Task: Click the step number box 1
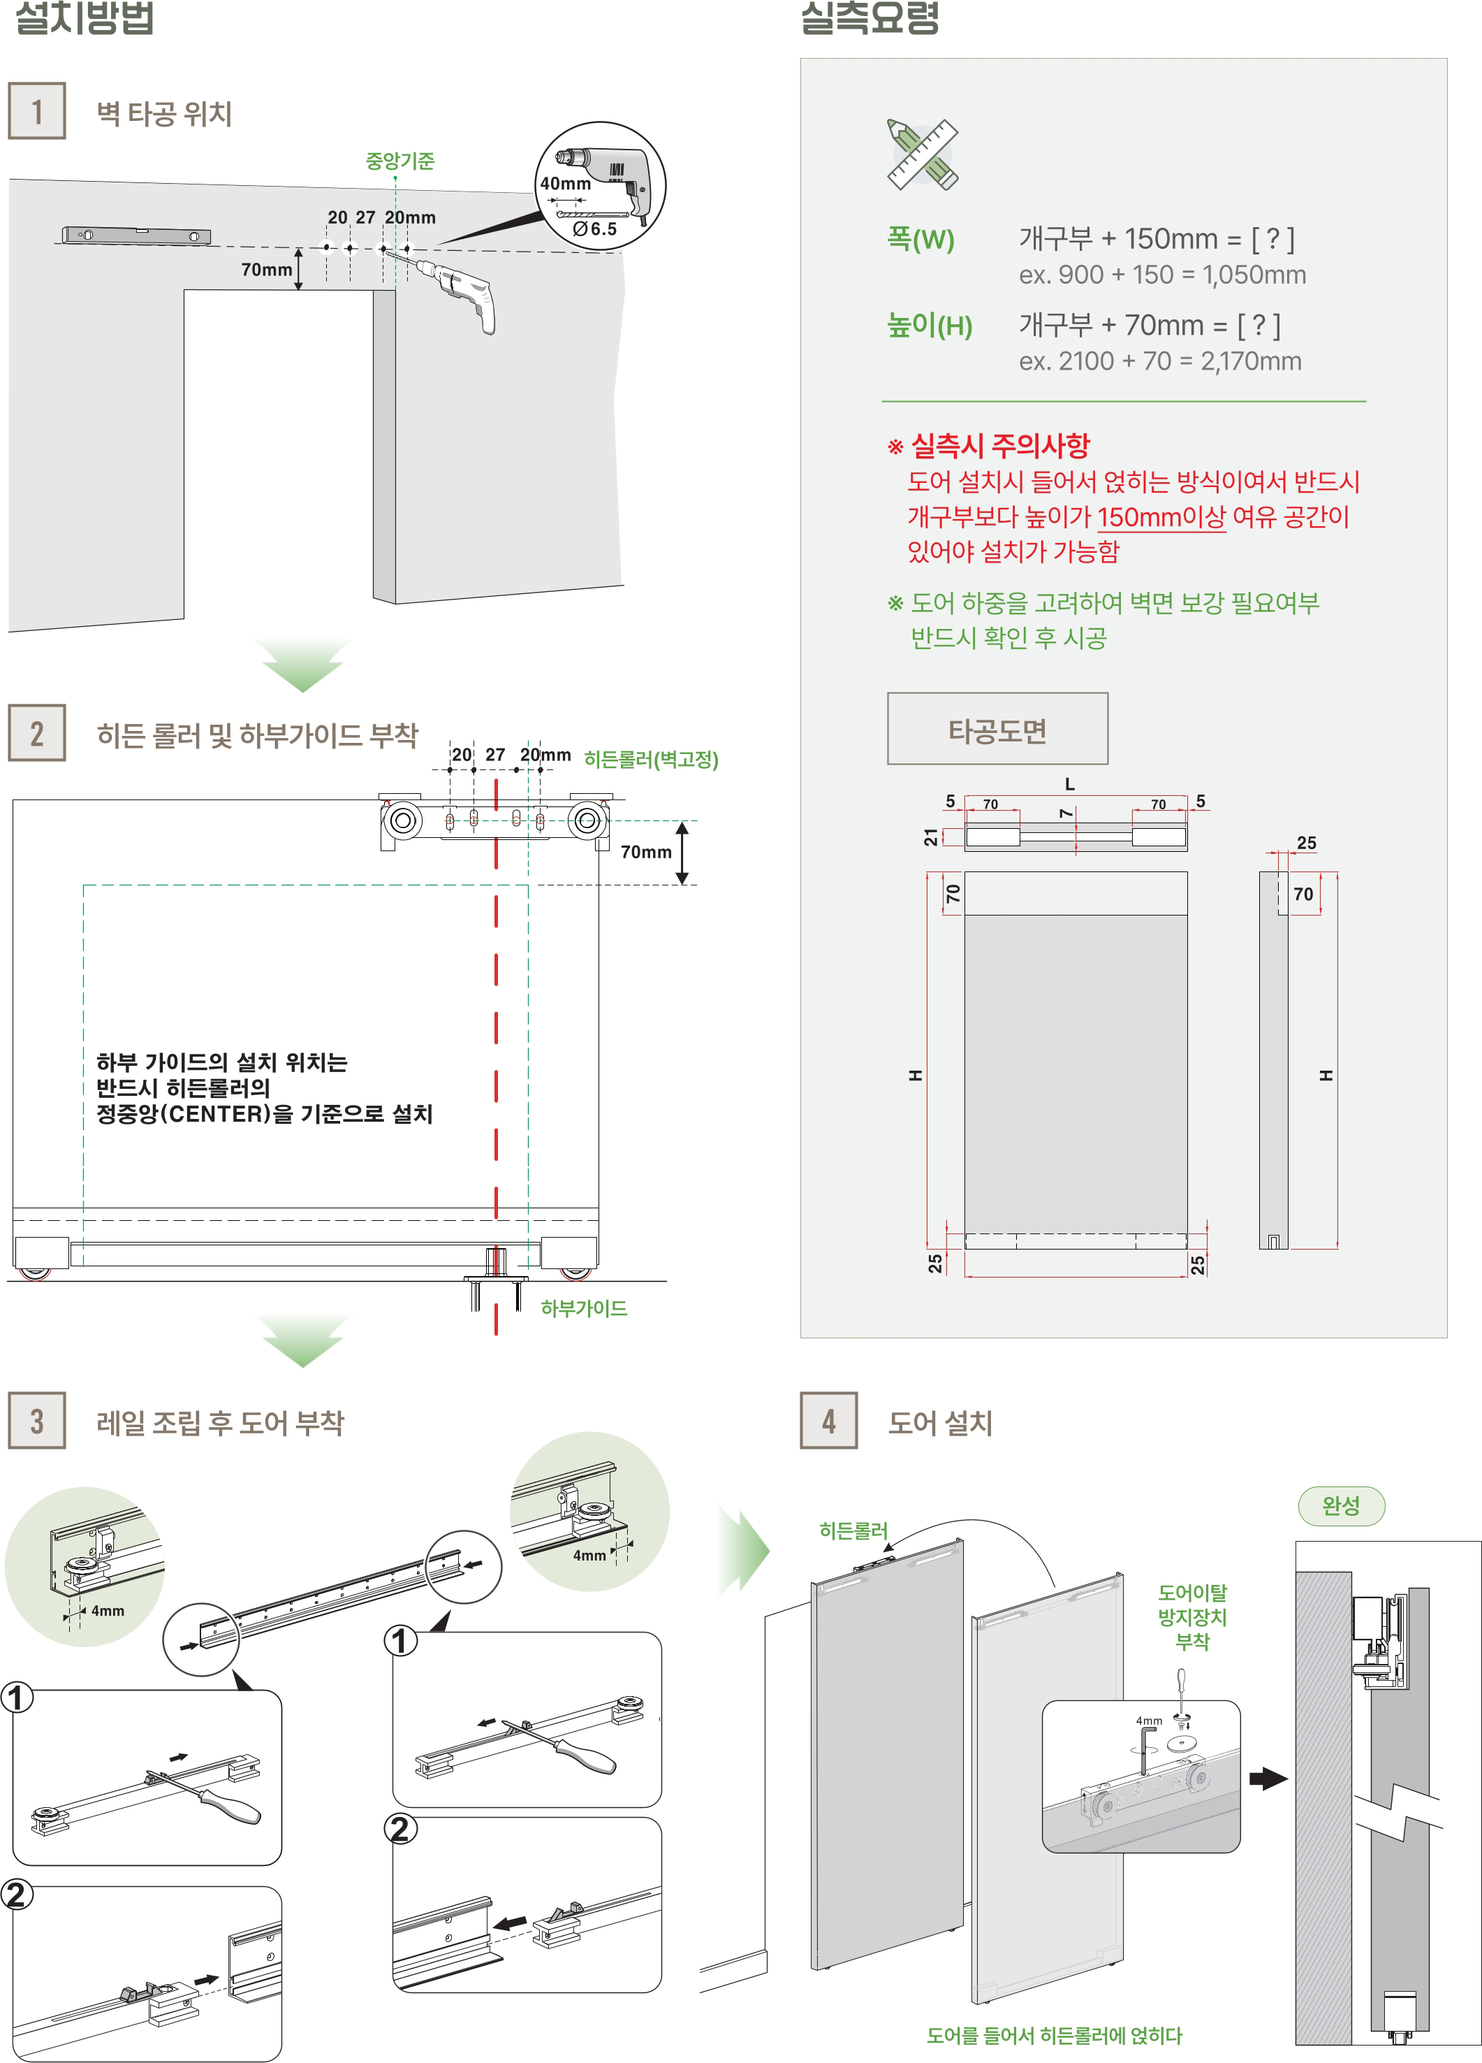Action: coord(36,111)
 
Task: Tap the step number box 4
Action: coord(828,1420)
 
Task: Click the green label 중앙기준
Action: coord(399,161)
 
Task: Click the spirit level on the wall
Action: coord(136,236)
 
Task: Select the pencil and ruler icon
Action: coord(922,154)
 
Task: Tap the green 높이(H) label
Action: coord(929,325)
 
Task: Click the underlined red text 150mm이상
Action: coord(1161,516)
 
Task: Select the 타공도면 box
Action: coord(997,729)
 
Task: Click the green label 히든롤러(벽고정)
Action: coord(651,759)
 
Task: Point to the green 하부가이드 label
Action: coord(584,1308)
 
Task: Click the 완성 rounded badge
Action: coord(1340,1505)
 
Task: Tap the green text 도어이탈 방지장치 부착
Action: coord(1192,1616)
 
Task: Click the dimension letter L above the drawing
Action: coord(1069,783)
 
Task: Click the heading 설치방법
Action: coord(85,18)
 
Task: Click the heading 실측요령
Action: coord(870,18)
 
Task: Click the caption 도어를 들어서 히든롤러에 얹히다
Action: coord(1054,2036)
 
